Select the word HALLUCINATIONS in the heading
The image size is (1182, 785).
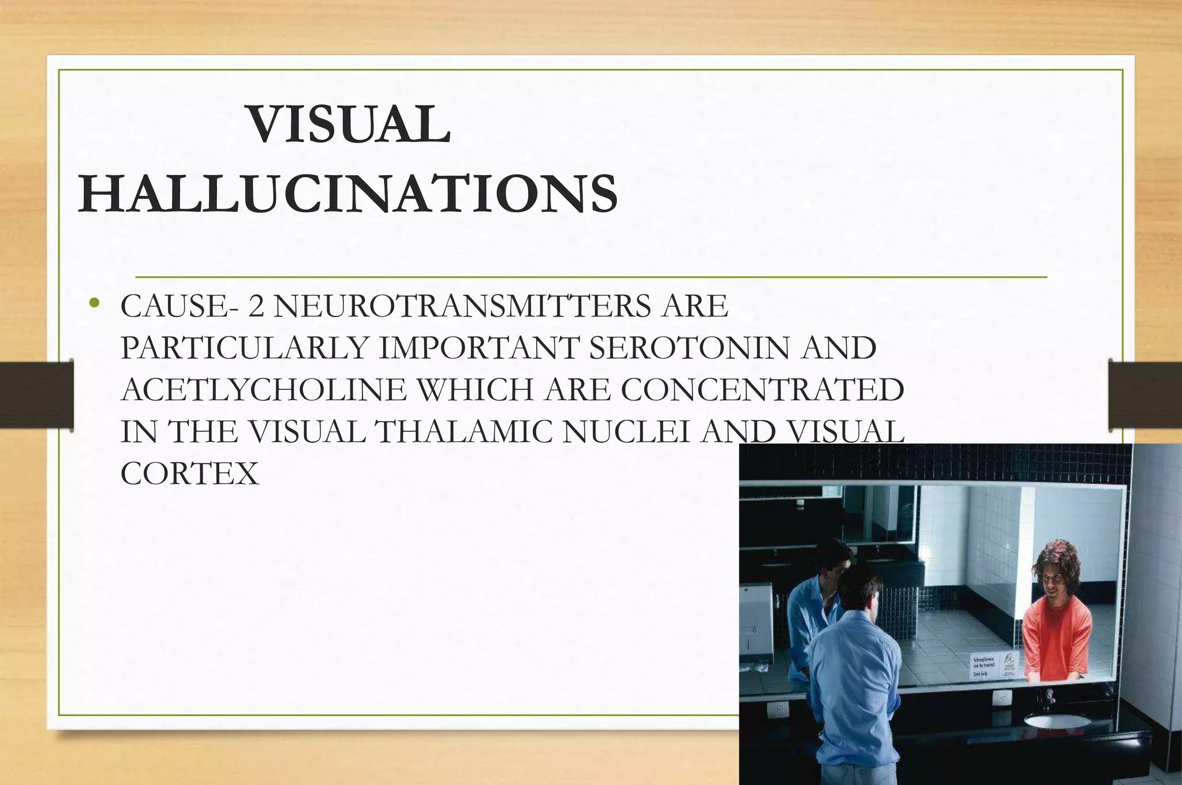[348, 194]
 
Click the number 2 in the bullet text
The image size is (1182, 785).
[256, 306]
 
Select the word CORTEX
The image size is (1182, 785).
[190, 474]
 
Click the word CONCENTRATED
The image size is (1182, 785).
[762, 390]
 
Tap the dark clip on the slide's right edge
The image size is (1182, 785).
[1145, 395]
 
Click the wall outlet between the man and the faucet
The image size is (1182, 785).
[1003, 698]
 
